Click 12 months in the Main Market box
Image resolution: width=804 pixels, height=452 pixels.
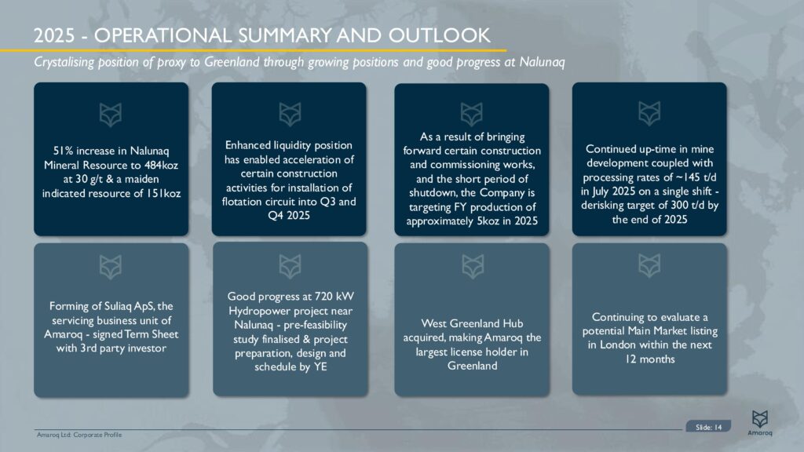pyautogui.click(x=649, y=359)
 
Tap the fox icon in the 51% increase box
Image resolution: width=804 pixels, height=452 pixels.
pyautogui.click(x=111, y=115)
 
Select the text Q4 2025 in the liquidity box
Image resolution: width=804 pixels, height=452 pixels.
pyautogui.click(x=288, y=215)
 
